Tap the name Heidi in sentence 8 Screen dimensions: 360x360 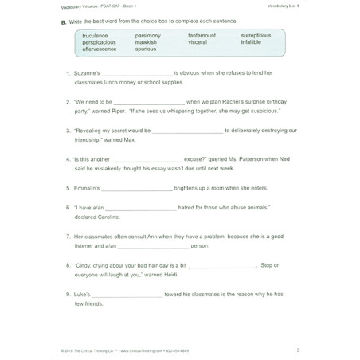(x=205, y=274)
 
